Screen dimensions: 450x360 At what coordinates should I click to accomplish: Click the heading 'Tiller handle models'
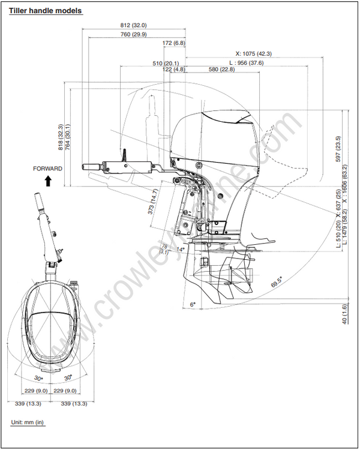tap(46, 11)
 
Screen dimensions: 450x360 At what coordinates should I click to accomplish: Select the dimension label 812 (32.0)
tap(133, 25)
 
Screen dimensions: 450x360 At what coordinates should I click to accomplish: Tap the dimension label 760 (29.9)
tap(133, 35)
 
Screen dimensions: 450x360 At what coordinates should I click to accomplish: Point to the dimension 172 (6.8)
tap(174, 43)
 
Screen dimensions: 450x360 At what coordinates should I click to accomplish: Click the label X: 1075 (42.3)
tap(253, 53)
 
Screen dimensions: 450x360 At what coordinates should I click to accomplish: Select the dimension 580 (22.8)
tap(221, 70)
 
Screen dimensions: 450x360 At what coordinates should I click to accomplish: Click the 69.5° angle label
tap(278, 283)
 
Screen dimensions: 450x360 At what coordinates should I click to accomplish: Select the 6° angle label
tap(193, 305)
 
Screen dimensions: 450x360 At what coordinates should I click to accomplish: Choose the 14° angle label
tap(181, 250)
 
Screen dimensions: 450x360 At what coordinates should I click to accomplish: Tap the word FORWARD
tap(47, 169)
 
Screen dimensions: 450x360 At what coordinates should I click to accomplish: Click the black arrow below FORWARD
tap(47, 180)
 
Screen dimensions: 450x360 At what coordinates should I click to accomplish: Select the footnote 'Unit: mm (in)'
tap(28, 422)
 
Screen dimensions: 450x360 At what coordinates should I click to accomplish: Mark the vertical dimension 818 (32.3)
tap(60, 137)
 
